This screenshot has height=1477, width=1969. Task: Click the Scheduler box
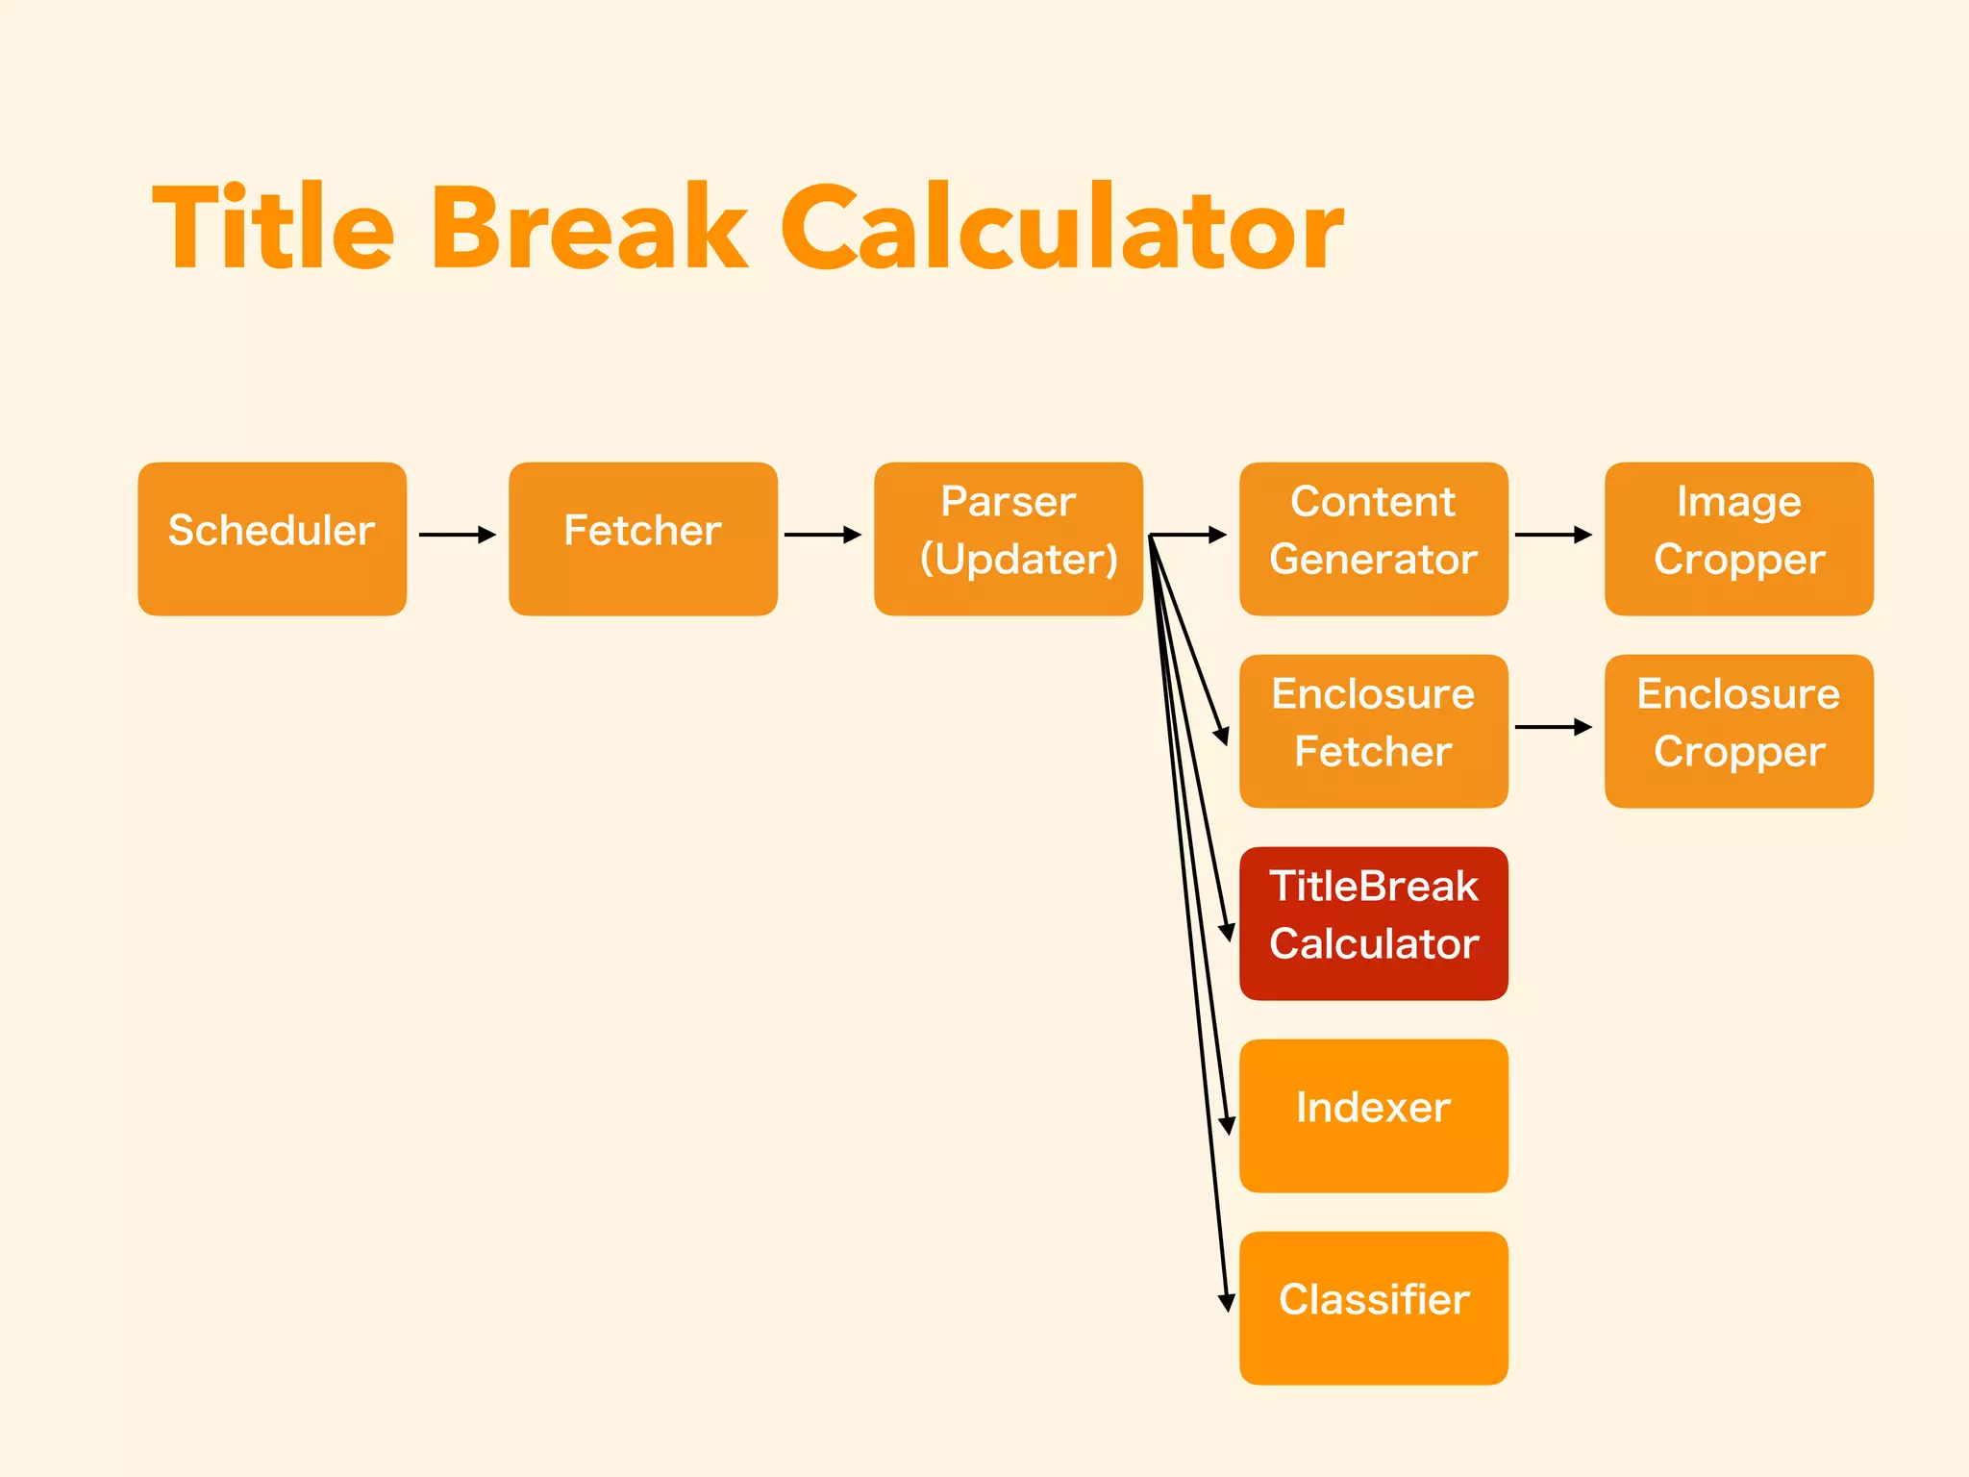pos(272,538)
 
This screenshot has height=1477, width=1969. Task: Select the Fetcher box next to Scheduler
pos(642,538)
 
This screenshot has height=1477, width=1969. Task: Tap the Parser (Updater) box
pos(1008,538)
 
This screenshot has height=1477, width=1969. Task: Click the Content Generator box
pos(1373,538)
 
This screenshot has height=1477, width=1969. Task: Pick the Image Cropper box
pos(1738,538)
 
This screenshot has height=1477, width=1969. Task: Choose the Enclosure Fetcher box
pos(1373,731)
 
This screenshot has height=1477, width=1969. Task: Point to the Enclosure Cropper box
pos(1738,731)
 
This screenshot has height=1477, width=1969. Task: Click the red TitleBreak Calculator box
pos(1373,923)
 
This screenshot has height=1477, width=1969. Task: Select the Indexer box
pos(1373,1115)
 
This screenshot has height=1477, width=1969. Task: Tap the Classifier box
pos(1373,1308)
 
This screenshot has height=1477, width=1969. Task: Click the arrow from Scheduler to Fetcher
pos(458,535)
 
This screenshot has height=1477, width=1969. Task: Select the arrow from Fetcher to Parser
pos(823,535)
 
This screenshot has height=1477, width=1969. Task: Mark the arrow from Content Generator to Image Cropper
pos(1553,535)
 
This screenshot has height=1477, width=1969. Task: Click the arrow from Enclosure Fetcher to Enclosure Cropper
pos(1553,727)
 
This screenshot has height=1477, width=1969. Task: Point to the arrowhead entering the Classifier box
pos(1226,1303)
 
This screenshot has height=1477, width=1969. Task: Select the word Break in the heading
pos(588,229)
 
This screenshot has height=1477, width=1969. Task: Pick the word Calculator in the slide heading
pos(1061,229)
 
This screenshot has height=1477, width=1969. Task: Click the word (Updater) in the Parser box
pos(1019,560)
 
